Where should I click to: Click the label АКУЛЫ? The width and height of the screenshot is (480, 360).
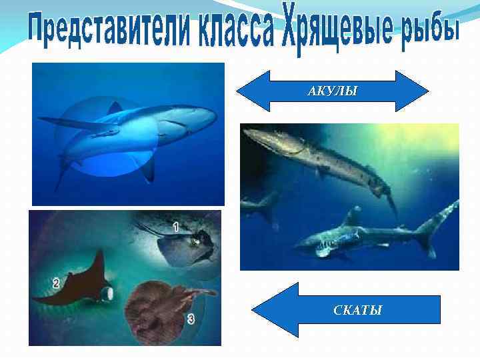point(332,91)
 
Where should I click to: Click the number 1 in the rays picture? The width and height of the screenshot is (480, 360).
point(175,227)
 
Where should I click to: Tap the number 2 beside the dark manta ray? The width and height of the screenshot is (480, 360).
point(56,283)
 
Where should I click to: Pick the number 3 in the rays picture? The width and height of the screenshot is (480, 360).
point(191,319)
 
